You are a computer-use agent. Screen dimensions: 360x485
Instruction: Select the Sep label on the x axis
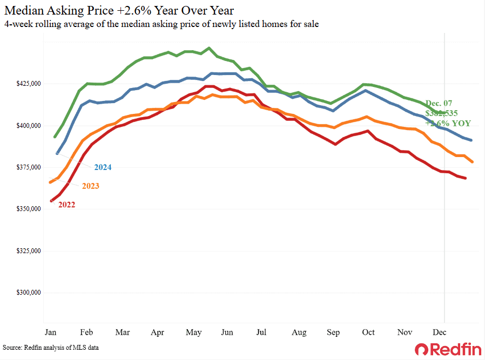pyautogui.click(x=333, y=332)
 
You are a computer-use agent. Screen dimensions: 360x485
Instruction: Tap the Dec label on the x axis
pyautogui.click(x=439, y=332)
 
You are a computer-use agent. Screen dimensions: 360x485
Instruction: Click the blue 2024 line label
pyautogui.click(x=103, y=167)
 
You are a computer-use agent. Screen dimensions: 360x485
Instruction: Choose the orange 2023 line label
pyautogui.click(x=90, y=186)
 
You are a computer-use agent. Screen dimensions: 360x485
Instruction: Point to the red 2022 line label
pyautogui.click(x=66, y=205)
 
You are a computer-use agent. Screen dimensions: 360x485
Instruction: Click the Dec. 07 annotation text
pyautogui.click(x=439, y=103)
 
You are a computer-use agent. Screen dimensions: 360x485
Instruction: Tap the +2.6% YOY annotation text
pyautogui.click(x=448, y=124)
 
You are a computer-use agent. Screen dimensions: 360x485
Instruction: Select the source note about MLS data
pyautogui.click(x=51, y=348)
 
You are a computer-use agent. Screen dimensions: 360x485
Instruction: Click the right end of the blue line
pyautogui.click(x=471, y=140)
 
